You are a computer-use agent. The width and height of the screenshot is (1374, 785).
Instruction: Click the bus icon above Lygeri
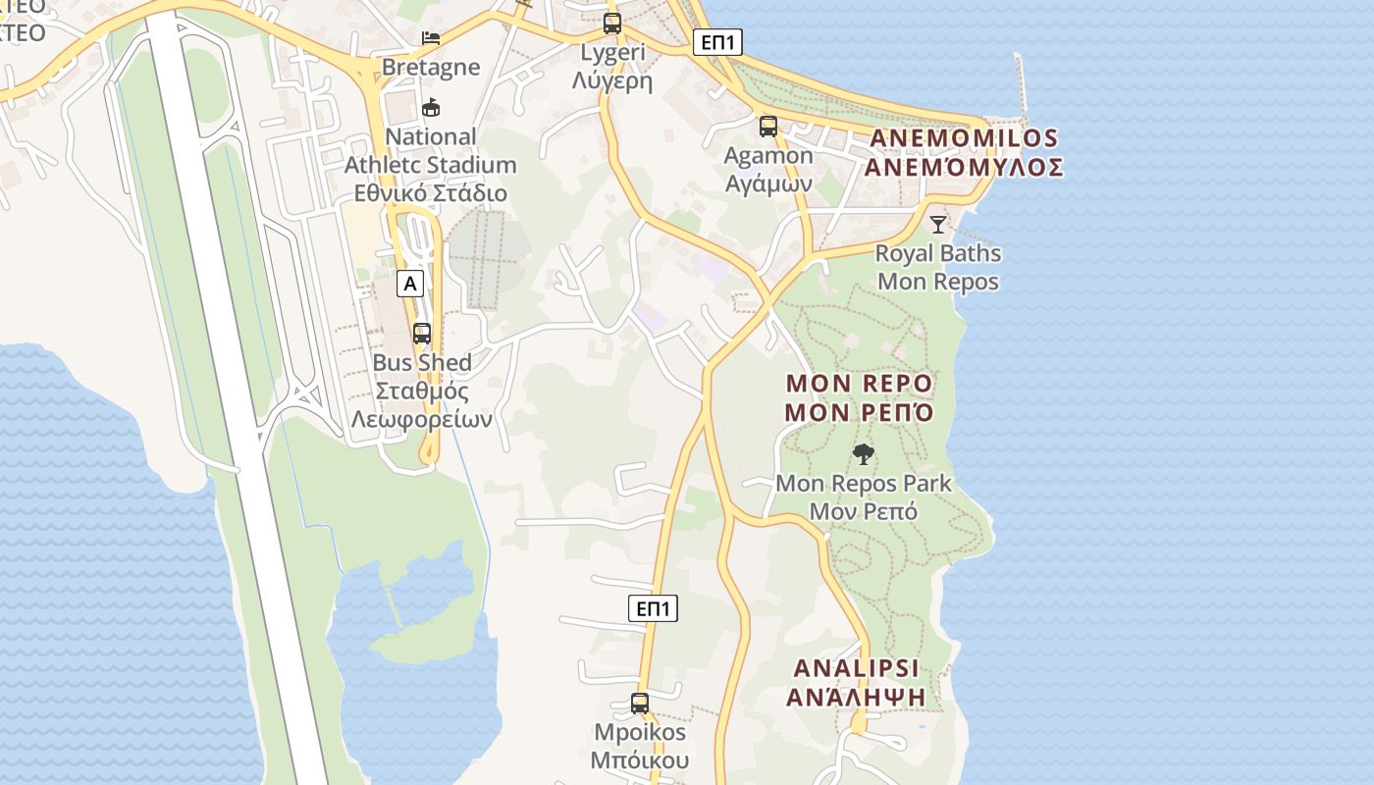612,24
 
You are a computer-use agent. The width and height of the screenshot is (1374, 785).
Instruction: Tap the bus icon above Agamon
768,127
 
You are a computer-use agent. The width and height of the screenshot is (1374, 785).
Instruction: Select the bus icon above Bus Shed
422,334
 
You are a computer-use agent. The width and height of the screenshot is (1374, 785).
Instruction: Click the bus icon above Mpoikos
640,704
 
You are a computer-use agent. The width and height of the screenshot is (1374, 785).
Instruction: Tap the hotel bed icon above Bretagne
431,38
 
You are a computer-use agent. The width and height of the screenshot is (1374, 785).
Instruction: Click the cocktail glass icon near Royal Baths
938,225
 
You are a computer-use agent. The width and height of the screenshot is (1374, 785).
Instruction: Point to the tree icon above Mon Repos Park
864,454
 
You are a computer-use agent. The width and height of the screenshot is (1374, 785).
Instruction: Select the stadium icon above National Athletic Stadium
430,108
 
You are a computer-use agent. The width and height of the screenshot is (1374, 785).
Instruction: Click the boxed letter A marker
410,285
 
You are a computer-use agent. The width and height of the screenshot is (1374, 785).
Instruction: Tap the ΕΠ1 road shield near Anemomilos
717,42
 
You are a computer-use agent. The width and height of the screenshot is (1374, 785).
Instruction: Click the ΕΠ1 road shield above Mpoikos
653,608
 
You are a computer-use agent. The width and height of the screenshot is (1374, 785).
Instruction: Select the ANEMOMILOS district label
963,138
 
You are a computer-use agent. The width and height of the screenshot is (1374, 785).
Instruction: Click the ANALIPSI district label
857,669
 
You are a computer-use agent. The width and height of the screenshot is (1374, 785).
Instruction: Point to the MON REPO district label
860,383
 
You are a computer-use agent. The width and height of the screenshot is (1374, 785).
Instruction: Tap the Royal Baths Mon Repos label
938,267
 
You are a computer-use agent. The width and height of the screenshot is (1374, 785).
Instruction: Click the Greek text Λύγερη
612,81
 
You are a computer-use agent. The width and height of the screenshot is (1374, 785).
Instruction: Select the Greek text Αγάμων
768,183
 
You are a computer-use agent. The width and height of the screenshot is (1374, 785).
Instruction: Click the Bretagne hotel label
431,67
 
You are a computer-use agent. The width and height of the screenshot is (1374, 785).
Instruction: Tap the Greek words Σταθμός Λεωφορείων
422,405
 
